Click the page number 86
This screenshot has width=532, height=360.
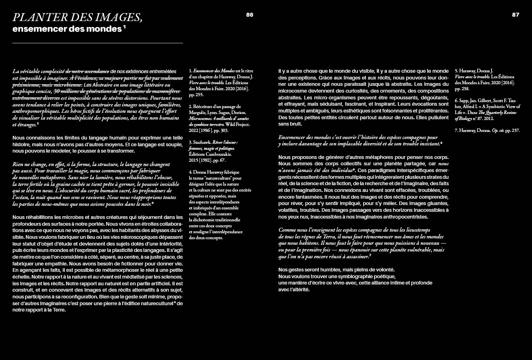tap(250, 15)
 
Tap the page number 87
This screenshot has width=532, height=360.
tap(516, 15)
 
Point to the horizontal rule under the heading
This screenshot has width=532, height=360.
tap(97, 43)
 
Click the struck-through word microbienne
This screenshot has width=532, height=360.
tap(66, 85)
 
